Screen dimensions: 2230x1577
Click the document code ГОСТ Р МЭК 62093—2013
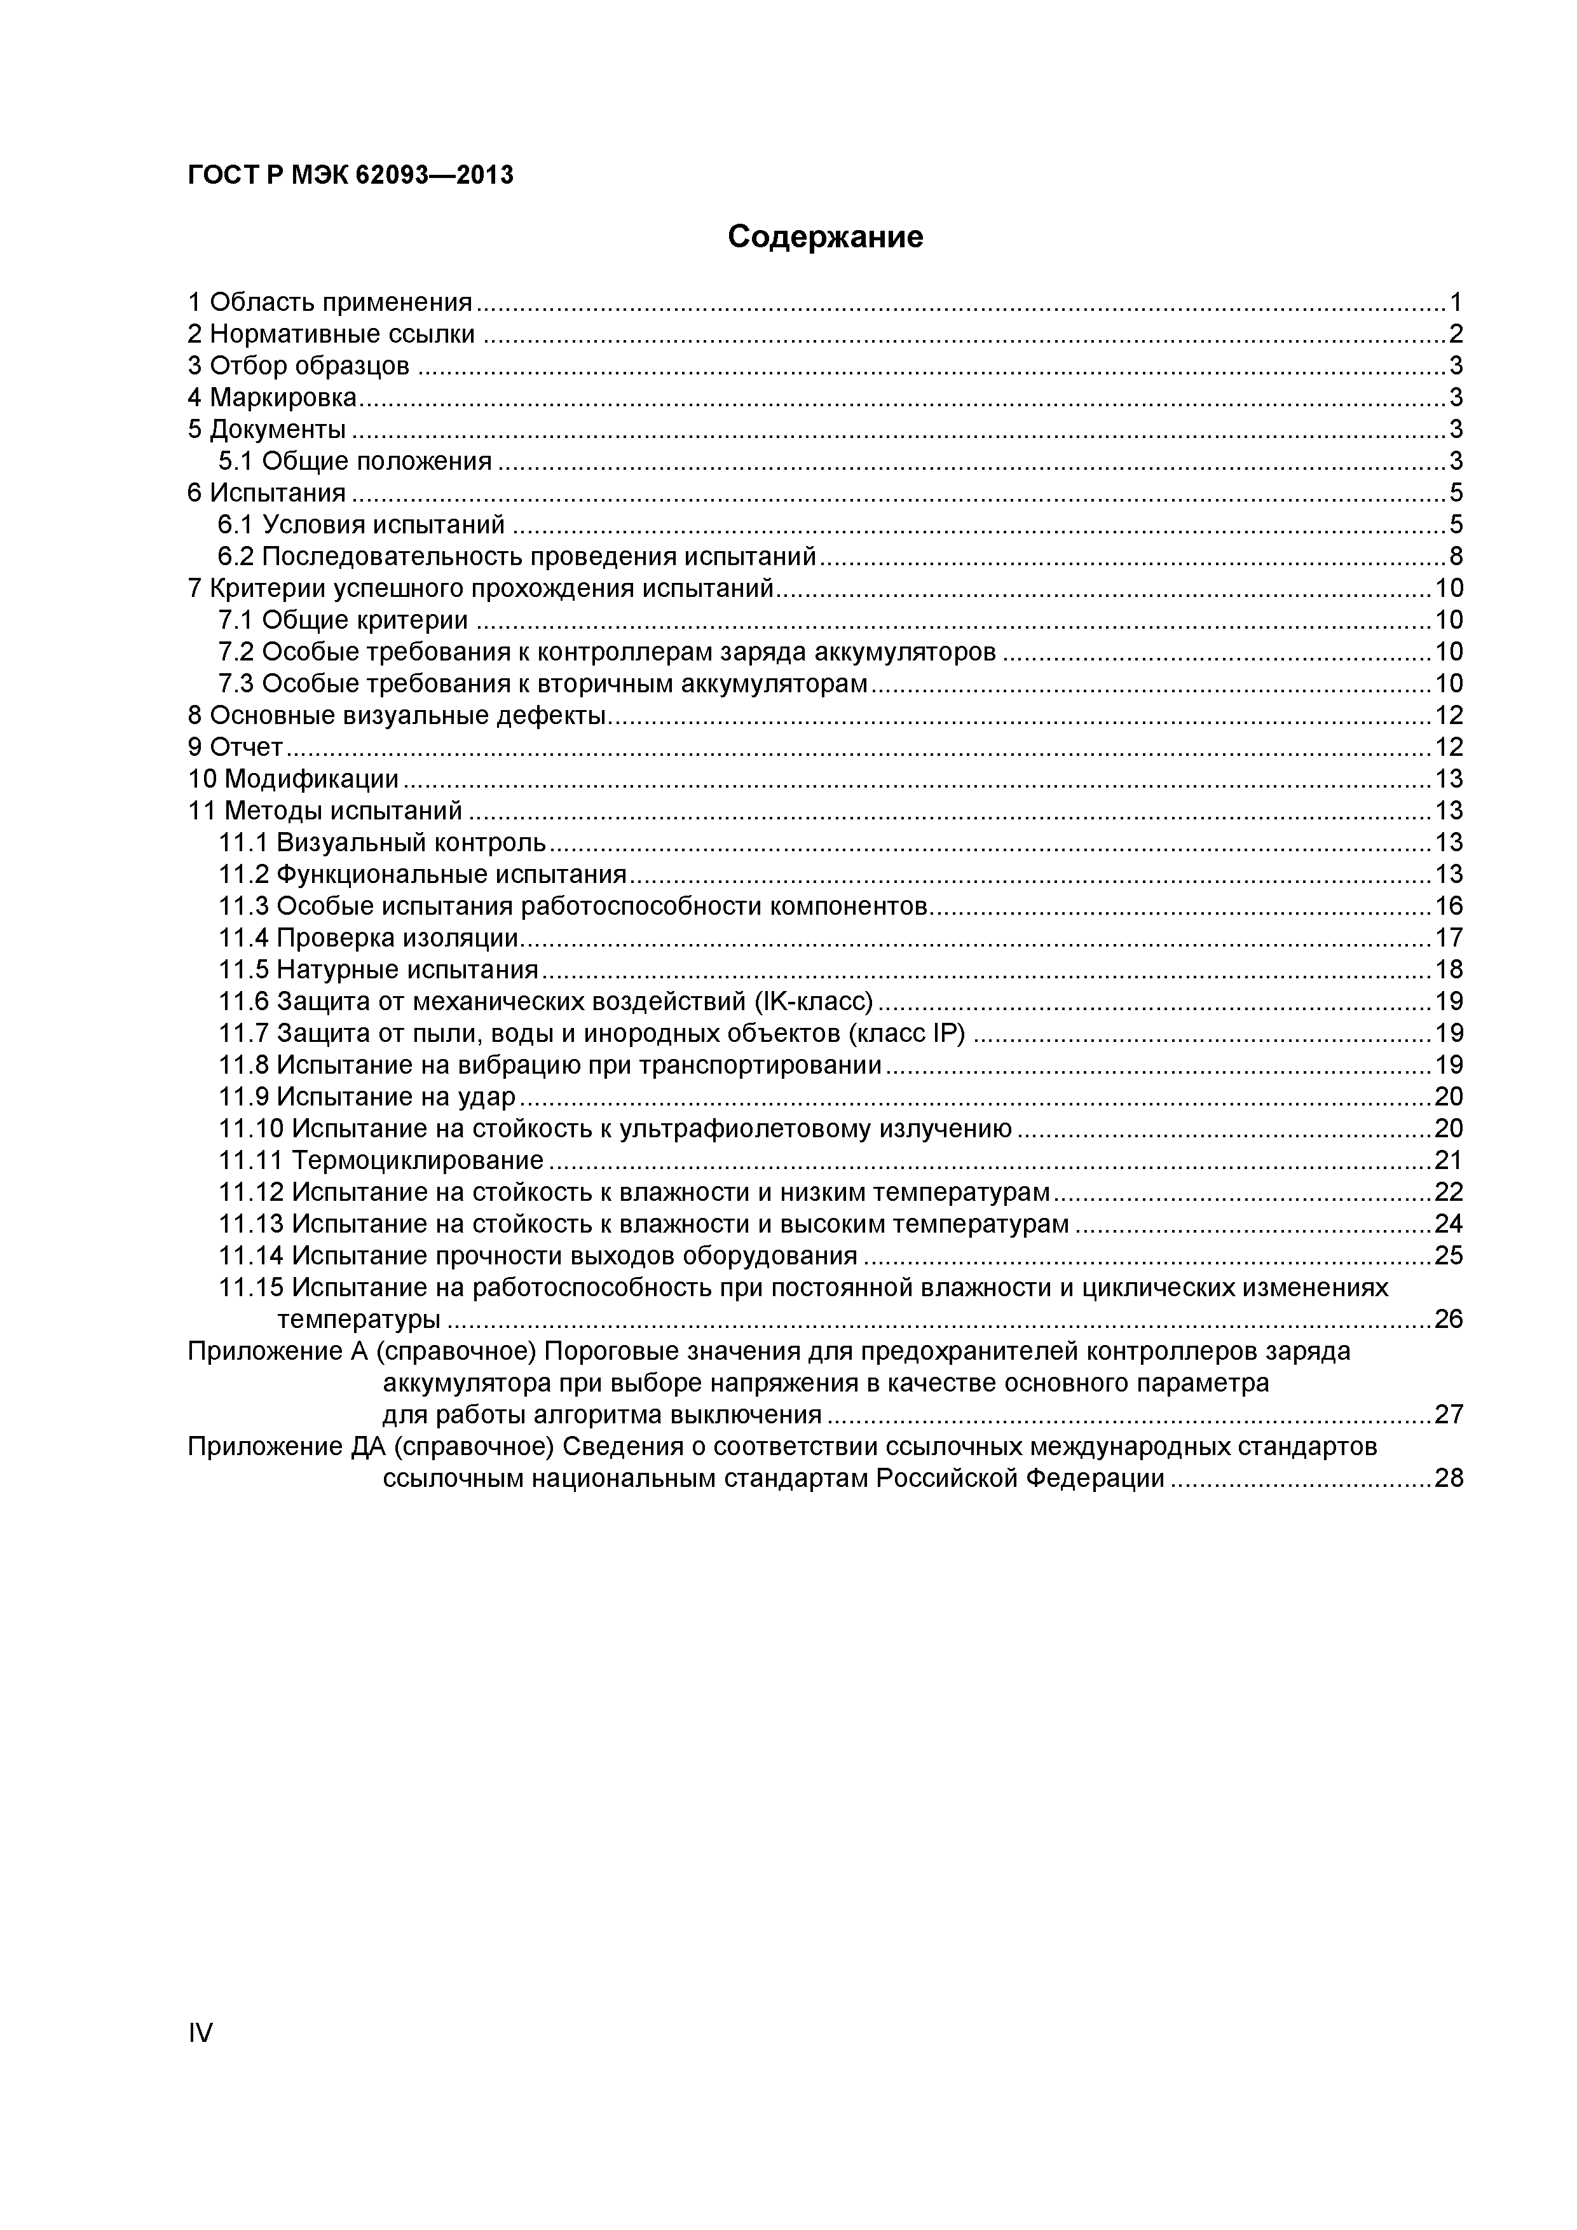pos(351,176)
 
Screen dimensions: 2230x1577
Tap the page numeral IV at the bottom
pos(200,2033)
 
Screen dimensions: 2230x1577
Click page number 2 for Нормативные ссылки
pos(1456,335)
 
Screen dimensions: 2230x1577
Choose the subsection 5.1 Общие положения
pos(355,462)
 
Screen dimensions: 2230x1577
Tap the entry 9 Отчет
pos(235,748)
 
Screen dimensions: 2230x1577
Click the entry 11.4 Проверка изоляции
pos(369,938)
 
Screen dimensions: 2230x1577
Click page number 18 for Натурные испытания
pos(1449,970)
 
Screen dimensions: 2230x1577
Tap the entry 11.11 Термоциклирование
pos(381,1161)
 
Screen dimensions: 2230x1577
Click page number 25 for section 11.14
pos(1449,1256)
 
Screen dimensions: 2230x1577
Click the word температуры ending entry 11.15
pos(359,1320)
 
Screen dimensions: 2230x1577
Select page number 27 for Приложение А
pos(1449,1415)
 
